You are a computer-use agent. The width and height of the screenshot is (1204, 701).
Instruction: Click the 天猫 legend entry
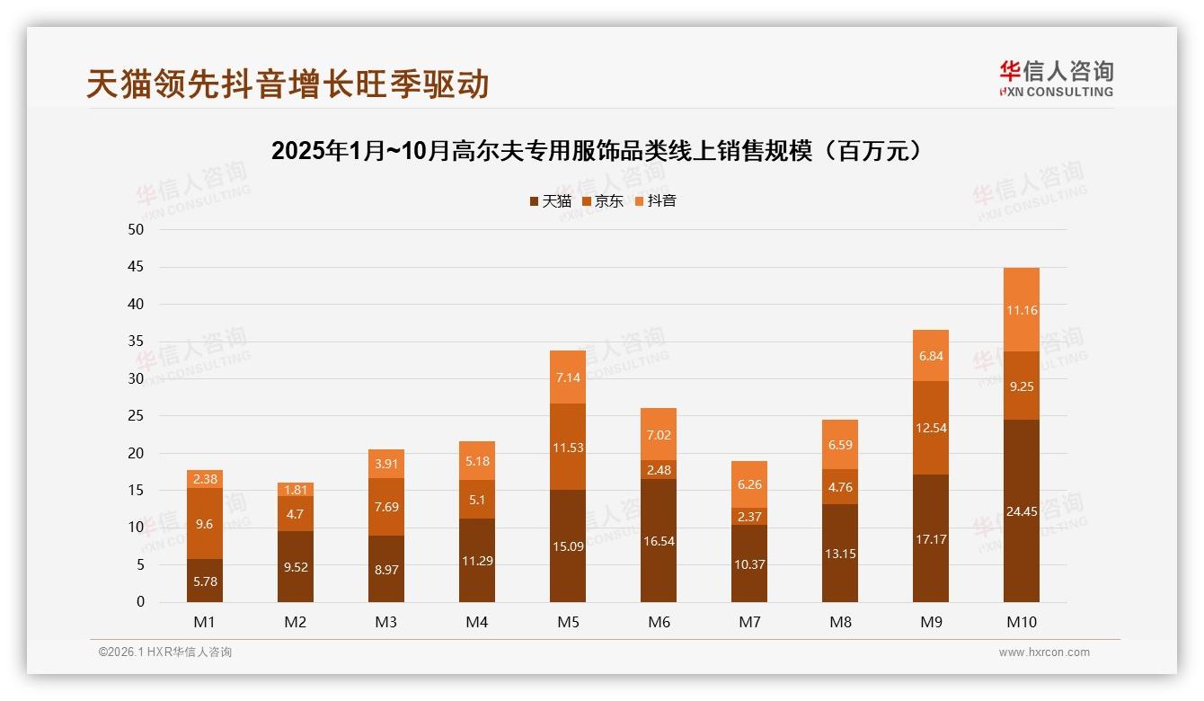click(550, 200)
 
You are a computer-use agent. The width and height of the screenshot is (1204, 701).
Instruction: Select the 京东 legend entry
click(603, 200)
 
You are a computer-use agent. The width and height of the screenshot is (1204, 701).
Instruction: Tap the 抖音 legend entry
click(656, 200)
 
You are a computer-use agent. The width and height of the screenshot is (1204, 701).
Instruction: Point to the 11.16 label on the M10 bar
click(1021, 310)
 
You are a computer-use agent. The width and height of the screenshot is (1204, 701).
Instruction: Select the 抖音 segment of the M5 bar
click(568, 377)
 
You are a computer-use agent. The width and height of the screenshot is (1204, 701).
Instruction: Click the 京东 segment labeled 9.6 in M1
click(205, 524)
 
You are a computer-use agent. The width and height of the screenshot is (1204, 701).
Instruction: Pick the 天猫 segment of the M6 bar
click(659, 541)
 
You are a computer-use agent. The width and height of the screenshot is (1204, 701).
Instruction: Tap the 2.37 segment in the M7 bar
click(749, 516)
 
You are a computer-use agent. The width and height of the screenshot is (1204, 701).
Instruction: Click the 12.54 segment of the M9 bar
click(930, 428)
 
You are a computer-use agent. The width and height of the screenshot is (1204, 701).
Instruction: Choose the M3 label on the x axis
click(386, 622)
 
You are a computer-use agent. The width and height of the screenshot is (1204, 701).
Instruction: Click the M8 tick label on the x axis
click(840, 622)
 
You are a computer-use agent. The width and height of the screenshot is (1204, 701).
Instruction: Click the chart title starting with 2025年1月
click(598, 151)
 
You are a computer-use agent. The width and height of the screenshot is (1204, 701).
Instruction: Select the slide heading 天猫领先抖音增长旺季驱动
click(288, 84)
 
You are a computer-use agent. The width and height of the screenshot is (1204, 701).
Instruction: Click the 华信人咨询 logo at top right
click(1056, 78)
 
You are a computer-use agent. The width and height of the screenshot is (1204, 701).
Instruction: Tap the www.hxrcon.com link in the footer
click(1044, 652)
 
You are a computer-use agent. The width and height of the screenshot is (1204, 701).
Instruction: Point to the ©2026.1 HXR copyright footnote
click(165, 652)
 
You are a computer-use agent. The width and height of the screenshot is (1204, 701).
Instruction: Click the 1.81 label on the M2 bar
click(296, 490)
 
